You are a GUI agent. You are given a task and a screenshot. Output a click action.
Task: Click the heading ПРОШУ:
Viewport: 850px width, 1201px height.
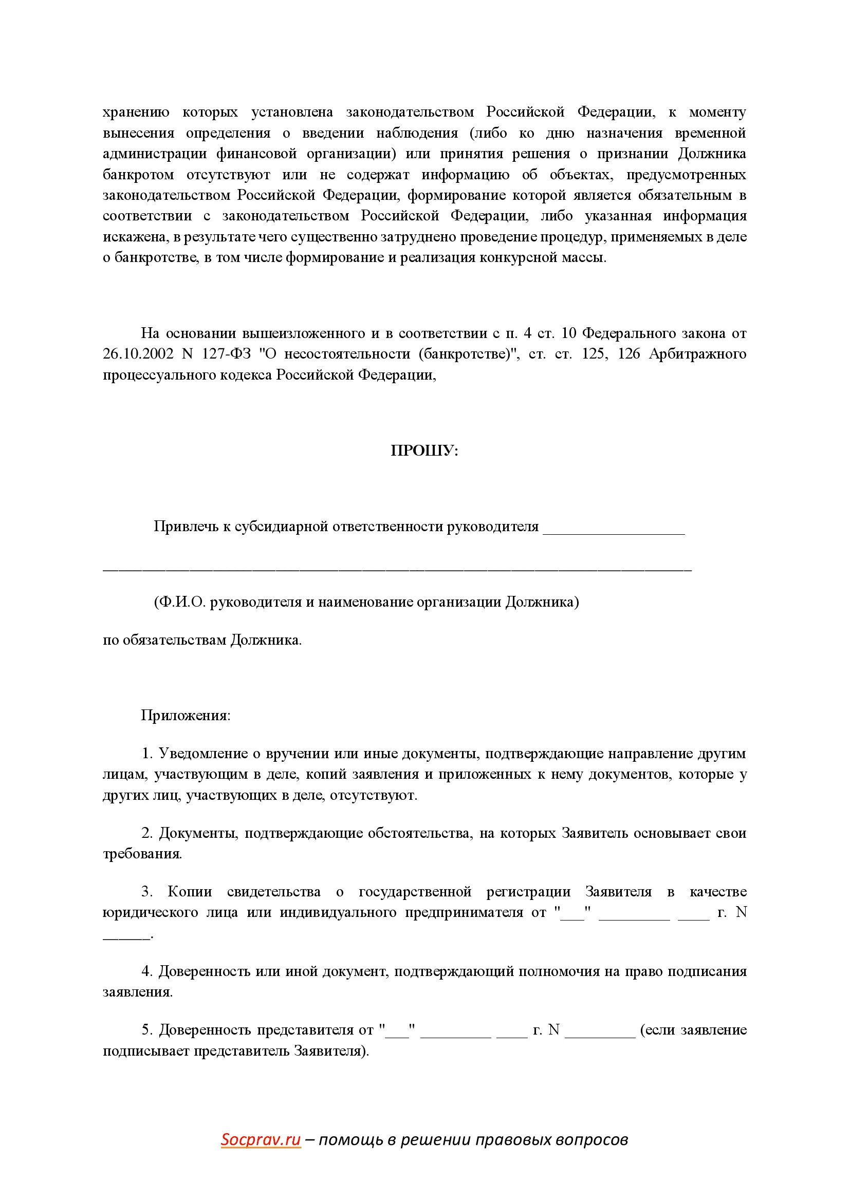point(424,451)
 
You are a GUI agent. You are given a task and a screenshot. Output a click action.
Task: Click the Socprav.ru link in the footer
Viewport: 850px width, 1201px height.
point(261,1139)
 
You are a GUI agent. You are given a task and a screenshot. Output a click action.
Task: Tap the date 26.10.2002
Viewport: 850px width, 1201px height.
point(138,354)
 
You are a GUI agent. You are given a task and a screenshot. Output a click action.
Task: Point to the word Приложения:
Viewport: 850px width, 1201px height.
point(186,716)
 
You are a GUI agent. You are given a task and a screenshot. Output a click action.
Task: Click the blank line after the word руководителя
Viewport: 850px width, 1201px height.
point(614,527)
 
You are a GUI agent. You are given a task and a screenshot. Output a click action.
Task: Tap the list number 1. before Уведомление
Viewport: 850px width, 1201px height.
point(147,754)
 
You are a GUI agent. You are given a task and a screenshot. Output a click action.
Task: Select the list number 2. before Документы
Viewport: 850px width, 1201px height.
point(147,833)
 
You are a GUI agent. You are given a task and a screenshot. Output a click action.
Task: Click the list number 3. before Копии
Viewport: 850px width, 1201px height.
point(147,892)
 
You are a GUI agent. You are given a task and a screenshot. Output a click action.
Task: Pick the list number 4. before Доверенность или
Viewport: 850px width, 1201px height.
point(147,971)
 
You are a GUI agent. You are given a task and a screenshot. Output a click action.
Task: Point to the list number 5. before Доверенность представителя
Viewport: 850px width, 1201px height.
point(147,1030)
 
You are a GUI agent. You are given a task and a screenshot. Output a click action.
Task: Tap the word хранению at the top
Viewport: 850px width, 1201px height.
point(136,112)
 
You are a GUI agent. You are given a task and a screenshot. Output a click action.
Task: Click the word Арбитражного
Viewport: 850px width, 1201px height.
point(697,354)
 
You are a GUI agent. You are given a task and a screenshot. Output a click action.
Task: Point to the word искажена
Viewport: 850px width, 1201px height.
point(134,237)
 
